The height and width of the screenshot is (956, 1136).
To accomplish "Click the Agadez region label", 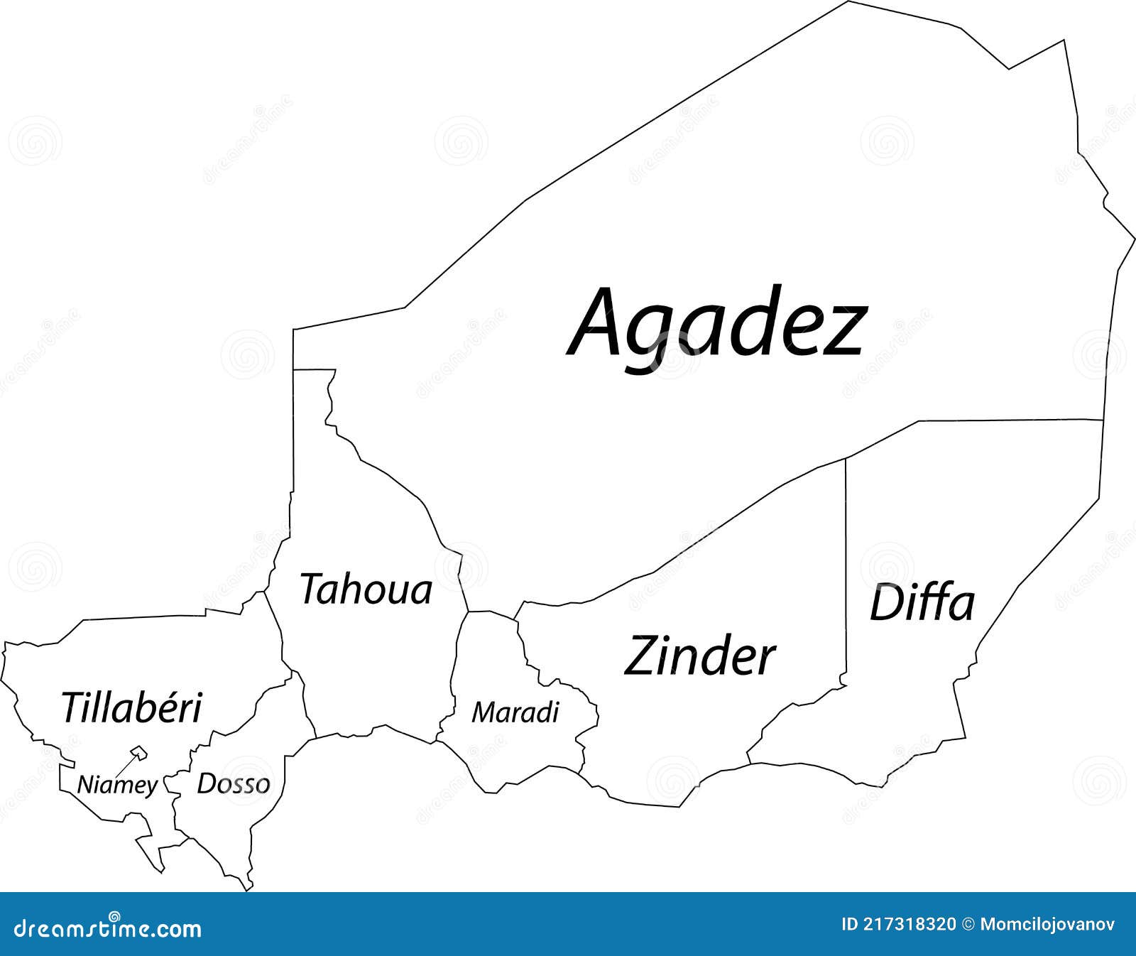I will click(717, 323).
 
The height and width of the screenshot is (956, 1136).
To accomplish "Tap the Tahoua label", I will click(366, 590).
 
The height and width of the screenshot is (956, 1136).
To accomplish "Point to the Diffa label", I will click(922, 604).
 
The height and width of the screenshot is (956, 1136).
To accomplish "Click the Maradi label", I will click(515, 712).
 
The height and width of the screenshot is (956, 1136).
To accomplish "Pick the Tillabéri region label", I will click(132, 707).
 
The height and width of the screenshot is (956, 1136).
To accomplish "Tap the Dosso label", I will click(234, 783).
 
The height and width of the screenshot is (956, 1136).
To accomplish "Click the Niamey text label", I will click(117, 785).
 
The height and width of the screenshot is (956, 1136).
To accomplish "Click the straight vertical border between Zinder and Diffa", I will click(846, 568).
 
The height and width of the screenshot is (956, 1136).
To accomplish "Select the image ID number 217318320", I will click(908, 924).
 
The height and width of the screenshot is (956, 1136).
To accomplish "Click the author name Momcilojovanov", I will click(1048, 924).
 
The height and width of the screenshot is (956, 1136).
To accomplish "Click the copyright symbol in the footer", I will click(968, 924).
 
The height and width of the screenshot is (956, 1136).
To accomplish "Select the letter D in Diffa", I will click(885, 604).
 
